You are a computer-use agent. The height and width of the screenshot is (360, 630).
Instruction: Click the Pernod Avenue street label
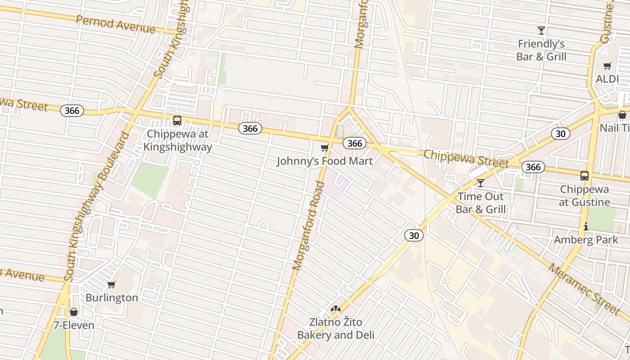point(116,24)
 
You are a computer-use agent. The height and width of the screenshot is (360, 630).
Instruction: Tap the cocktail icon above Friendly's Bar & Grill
point(541,31)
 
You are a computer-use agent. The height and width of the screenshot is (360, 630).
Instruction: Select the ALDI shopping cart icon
point(607,66)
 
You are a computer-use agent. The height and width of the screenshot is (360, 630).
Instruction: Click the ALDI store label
point(607,79)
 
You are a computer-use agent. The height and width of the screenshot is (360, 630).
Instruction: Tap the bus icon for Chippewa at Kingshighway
point(177,121)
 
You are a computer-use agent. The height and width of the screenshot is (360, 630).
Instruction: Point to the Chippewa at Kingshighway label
point(178,141)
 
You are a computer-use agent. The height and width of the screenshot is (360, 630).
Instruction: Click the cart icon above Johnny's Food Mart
point(324,148)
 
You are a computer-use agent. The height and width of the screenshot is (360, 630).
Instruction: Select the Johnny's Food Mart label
point(324,161)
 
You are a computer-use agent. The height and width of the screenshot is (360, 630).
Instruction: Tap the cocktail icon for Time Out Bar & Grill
point(481,183)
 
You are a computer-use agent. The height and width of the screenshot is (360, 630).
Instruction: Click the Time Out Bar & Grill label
point(481,203)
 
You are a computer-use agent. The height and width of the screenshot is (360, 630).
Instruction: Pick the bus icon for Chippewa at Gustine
point(585,176)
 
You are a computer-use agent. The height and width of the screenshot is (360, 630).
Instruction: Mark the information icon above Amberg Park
point(586,227)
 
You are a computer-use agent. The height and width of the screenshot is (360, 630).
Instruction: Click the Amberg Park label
point(586,240)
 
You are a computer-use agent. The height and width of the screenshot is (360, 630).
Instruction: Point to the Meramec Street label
point(584,288)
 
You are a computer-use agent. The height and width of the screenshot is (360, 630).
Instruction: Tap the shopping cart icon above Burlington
point(112,284)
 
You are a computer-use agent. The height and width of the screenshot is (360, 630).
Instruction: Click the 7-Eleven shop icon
point(74,312)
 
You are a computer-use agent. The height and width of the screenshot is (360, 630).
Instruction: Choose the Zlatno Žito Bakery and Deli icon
point(335,309)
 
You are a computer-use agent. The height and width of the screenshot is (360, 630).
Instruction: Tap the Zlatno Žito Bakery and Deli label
point(336,328)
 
